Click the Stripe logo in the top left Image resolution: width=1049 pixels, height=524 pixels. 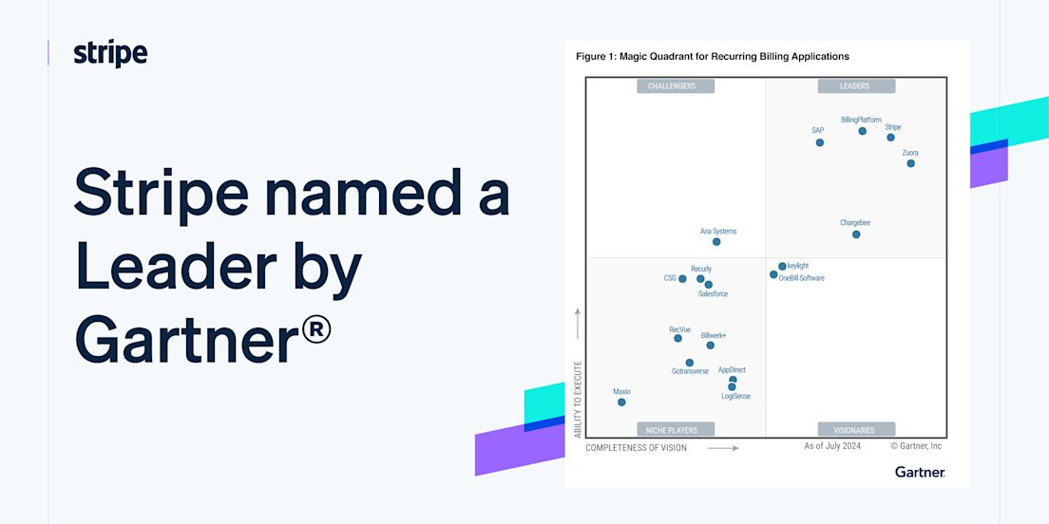point(110,53)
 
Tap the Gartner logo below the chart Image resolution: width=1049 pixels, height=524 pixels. point(920,472)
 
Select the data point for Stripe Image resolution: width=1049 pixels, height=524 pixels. point(890,137)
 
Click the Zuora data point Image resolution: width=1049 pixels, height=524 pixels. point(910,163)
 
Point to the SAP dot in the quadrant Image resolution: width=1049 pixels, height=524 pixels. point(819,142)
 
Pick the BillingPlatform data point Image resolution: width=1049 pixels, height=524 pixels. point(863,131)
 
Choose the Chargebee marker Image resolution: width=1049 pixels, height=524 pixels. point(856,234)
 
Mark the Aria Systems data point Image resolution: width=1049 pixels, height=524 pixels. point(716,242)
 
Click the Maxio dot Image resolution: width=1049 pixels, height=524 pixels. point(621,402)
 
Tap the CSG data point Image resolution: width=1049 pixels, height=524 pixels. point(682,279)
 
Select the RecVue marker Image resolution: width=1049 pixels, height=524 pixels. point(677,338)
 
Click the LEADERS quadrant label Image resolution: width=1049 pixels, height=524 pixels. point(856,86)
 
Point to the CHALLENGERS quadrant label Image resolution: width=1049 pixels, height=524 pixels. point(676,86)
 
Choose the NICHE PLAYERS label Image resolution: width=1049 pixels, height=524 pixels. point(676,430)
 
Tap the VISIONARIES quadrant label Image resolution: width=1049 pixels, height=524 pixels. point(856,430)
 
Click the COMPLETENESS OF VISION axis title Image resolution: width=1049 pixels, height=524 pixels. point(637,448)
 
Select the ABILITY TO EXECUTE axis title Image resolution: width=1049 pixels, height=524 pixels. point(578,400)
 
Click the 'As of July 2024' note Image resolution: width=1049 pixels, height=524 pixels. point(832,446)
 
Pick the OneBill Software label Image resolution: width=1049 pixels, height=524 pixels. point(801,278)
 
